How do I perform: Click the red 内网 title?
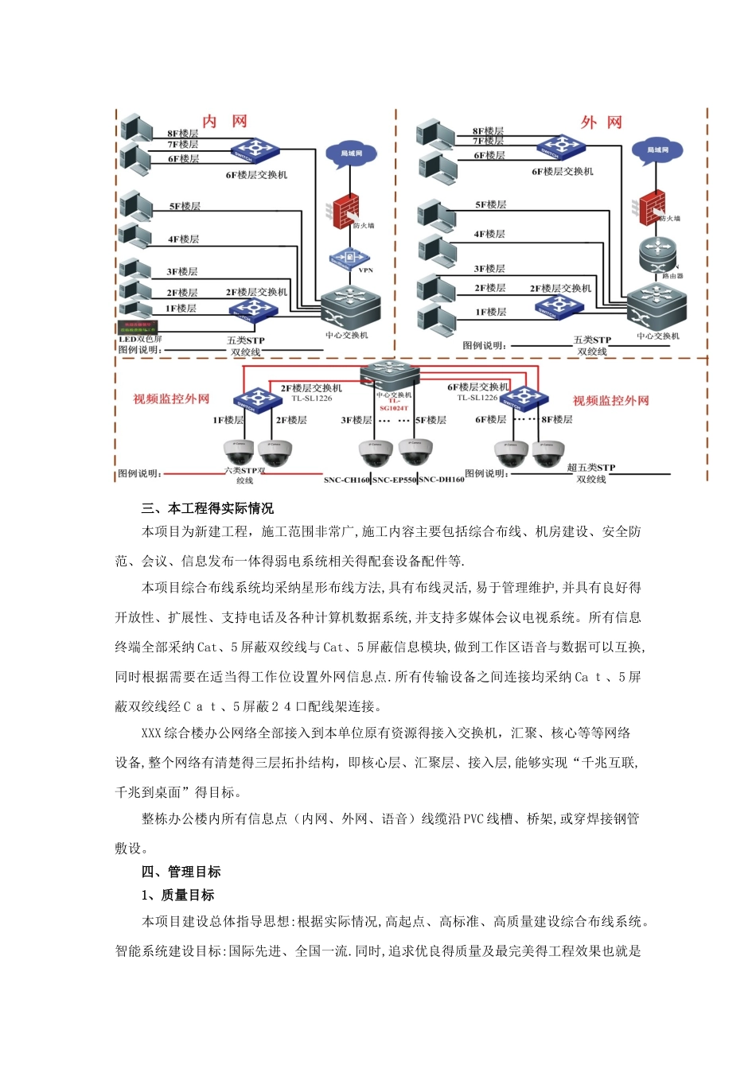click(x=224, y=122)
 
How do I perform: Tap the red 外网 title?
click(x=601, y=122)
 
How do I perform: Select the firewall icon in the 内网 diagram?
click(x=345, y=211)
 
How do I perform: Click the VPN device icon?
click(x=349, y=258)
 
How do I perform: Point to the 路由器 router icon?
click(x=658, y=255)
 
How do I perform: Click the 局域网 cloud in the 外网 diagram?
click(x=657, y=150)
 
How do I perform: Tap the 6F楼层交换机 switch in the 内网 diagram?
click(x=255, y=150)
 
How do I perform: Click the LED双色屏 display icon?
click(x=138, y=326)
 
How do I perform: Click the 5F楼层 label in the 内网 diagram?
click(x=185, y=207)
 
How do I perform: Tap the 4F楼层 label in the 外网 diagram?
click(x=489, y=235)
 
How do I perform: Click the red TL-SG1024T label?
click(x=394, y=404)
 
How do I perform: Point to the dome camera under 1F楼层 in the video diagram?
click(x=239, y=453)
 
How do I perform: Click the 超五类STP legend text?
click(x=591, y=468)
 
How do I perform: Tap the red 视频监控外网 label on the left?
click(x=171, y=399)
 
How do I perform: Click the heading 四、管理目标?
click(x=181, y=872)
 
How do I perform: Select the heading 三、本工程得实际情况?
click(x=208, y=508)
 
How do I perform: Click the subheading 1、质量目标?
click(x=178, y=895)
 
